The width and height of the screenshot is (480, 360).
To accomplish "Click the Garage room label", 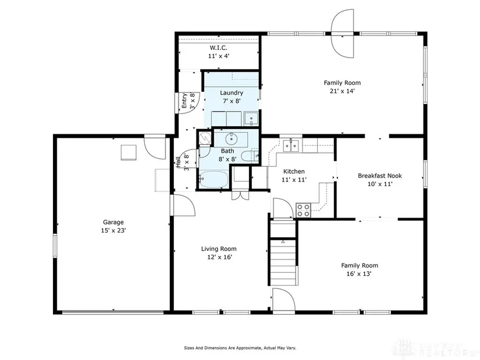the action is coord(113,222).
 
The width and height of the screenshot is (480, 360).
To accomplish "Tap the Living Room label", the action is coord(219,249).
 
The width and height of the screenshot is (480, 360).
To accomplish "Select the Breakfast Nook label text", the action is coord(380,176).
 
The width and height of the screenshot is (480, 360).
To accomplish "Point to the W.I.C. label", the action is coord(219,48).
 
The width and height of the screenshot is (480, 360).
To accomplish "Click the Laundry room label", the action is coord(232,92).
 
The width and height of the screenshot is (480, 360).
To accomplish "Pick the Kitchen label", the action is coord(294,172).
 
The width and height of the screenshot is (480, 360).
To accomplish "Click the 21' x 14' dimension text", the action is coord(342,91).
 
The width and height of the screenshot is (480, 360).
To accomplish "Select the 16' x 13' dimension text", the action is coord(359,274).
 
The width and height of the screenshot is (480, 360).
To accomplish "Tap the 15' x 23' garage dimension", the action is coord(113,230).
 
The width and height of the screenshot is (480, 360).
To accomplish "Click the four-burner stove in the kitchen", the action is coord(303,211).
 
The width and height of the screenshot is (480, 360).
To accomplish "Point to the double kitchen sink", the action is coord(291,146).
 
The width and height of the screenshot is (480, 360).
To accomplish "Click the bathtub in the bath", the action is coord(214,179).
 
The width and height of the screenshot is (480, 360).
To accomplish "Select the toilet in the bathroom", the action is coord(250,156).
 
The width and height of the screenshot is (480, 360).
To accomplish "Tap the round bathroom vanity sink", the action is coord(231,140).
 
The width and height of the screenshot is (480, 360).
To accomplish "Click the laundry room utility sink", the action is coord(251,119).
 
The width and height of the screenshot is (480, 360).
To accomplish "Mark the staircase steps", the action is coord(283,262).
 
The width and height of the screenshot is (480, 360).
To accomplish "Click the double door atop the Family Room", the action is coord(342,33).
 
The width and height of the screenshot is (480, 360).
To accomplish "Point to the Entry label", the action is coord(184,101).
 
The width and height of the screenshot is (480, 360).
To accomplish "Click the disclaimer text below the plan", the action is coord(240,348).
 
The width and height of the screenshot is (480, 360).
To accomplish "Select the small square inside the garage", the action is coord(129,152).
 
